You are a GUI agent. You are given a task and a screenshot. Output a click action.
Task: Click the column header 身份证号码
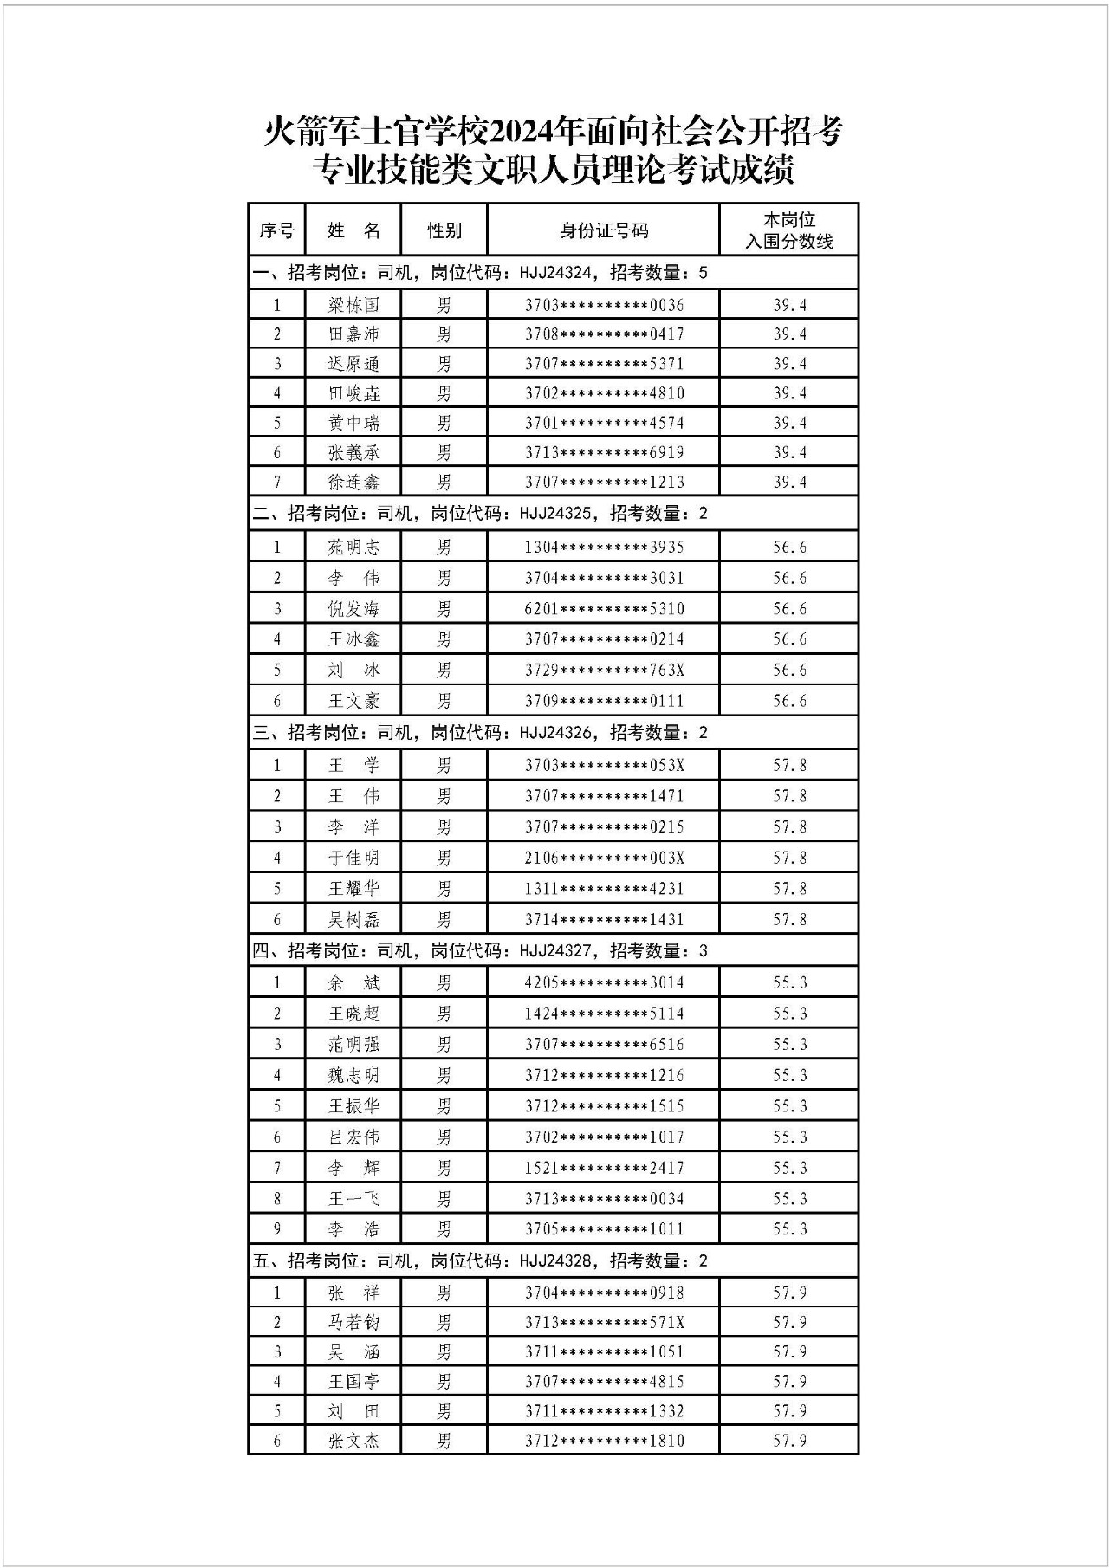tap(603, 230)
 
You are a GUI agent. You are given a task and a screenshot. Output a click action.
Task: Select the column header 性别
tap(444, 230)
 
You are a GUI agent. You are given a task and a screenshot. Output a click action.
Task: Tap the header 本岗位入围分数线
tap(788, 230)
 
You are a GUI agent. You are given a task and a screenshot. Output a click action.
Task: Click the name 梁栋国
tap(353, 305)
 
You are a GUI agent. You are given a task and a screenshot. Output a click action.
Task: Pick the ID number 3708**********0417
tap(604, 334)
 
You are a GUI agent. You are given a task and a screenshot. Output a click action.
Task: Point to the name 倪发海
tap(353, 609)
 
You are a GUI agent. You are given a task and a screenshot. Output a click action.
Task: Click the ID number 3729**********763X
tap(604, 671)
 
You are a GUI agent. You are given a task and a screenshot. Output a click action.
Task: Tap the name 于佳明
tap(353, 858)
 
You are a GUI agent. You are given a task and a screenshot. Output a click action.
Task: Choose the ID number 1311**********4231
tap(604, 889)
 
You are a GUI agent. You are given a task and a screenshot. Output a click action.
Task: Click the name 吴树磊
tap(353, 920)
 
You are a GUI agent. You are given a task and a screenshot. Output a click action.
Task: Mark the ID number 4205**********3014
tap(604, 982)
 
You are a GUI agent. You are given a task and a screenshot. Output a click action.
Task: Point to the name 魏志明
tap(353, 1075)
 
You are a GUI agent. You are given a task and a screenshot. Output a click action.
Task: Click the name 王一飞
tap(353, 1199)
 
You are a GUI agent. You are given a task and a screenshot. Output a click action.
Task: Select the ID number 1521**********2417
tap(604, 1168)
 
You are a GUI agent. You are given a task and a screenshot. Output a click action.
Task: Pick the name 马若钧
tap(353, 1323)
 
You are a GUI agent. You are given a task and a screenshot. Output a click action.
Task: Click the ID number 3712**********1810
tap(604, 1441)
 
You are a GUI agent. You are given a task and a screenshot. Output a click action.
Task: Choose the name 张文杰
tap(353, 1441)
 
